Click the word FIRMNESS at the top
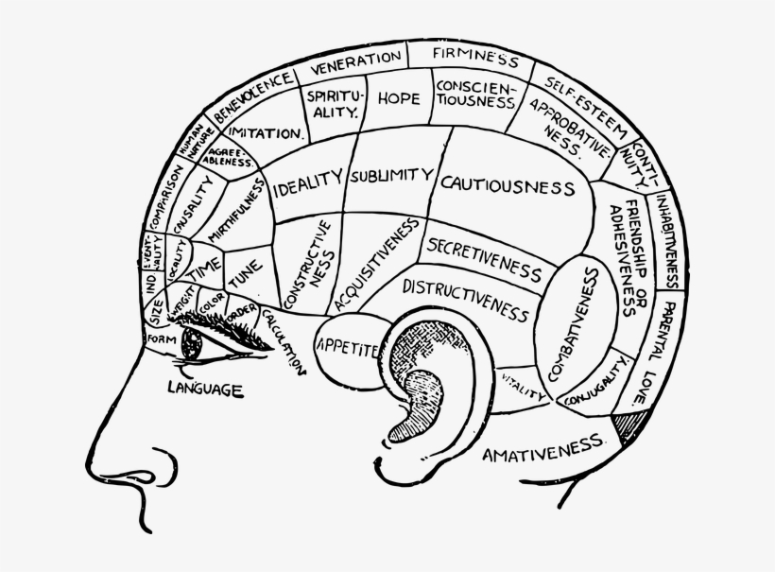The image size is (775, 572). pos(476,56)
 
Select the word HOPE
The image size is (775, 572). pos(398,98)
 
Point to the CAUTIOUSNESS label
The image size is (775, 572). pos(508,183)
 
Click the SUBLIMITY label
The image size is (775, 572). pos(390,177)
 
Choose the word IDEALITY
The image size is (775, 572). pos(306,184)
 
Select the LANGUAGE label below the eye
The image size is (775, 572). pos(205,388)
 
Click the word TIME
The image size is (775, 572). pos(205,269)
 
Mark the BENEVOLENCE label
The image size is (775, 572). pos(252,98)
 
